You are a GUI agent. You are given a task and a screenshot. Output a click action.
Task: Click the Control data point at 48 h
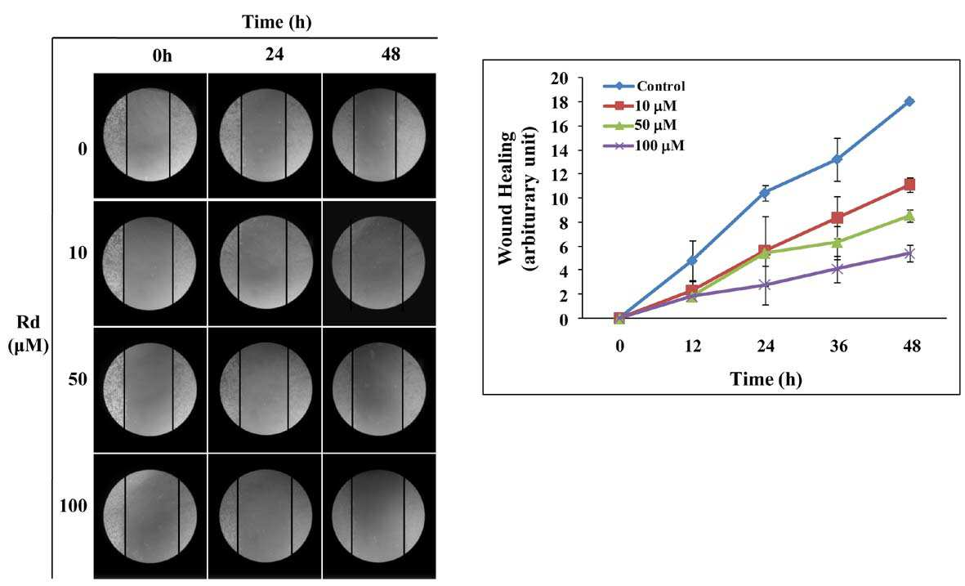909,101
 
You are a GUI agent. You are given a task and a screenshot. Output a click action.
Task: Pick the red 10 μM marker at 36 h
837,218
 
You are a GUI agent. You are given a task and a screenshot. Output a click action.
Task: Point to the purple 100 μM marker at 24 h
765,284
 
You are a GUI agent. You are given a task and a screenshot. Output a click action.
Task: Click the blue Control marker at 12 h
692,261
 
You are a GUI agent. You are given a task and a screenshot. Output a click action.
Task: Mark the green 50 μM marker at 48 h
909,216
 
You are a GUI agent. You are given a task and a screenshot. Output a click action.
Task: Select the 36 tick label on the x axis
838,347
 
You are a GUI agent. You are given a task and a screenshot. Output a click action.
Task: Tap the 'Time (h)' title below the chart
766,378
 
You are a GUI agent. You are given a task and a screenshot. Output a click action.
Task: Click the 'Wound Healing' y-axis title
506,198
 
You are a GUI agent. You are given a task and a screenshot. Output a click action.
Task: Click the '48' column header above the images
391,54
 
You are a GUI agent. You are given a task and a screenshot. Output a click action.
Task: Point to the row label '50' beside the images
78,379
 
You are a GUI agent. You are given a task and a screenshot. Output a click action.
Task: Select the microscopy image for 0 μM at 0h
150,136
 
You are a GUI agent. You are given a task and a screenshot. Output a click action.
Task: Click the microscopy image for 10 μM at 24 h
265,263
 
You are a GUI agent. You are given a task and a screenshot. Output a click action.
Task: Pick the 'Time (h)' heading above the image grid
277,22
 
